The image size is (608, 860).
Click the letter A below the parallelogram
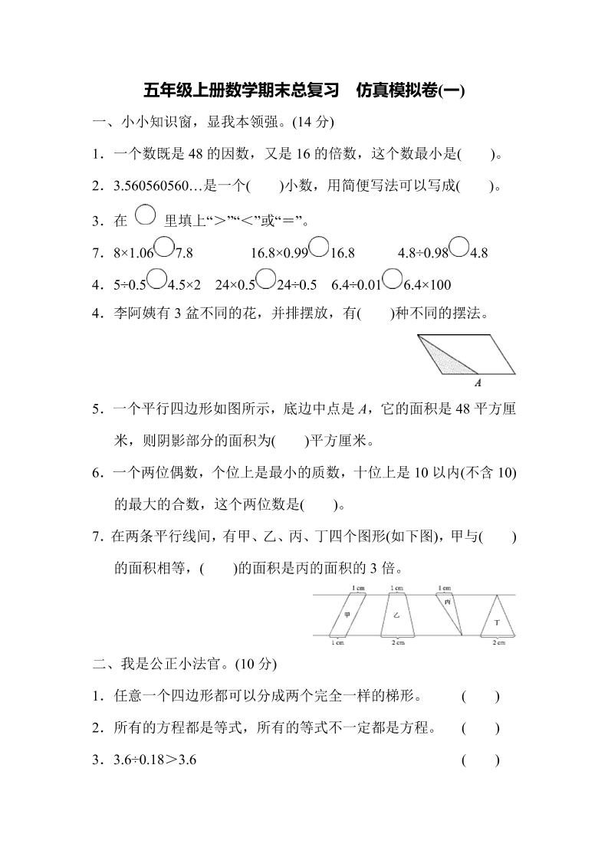[478, 382]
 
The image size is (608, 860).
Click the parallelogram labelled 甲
[347, 615]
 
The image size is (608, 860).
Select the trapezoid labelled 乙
[396, 615]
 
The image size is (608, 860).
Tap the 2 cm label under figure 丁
[499, 642]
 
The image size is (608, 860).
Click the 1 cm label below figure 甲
[337, 642]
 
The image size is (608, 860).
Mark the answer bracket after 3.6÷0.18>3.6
[481, 760]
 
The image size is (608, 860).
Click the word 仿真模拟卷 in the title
[399, 91]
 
